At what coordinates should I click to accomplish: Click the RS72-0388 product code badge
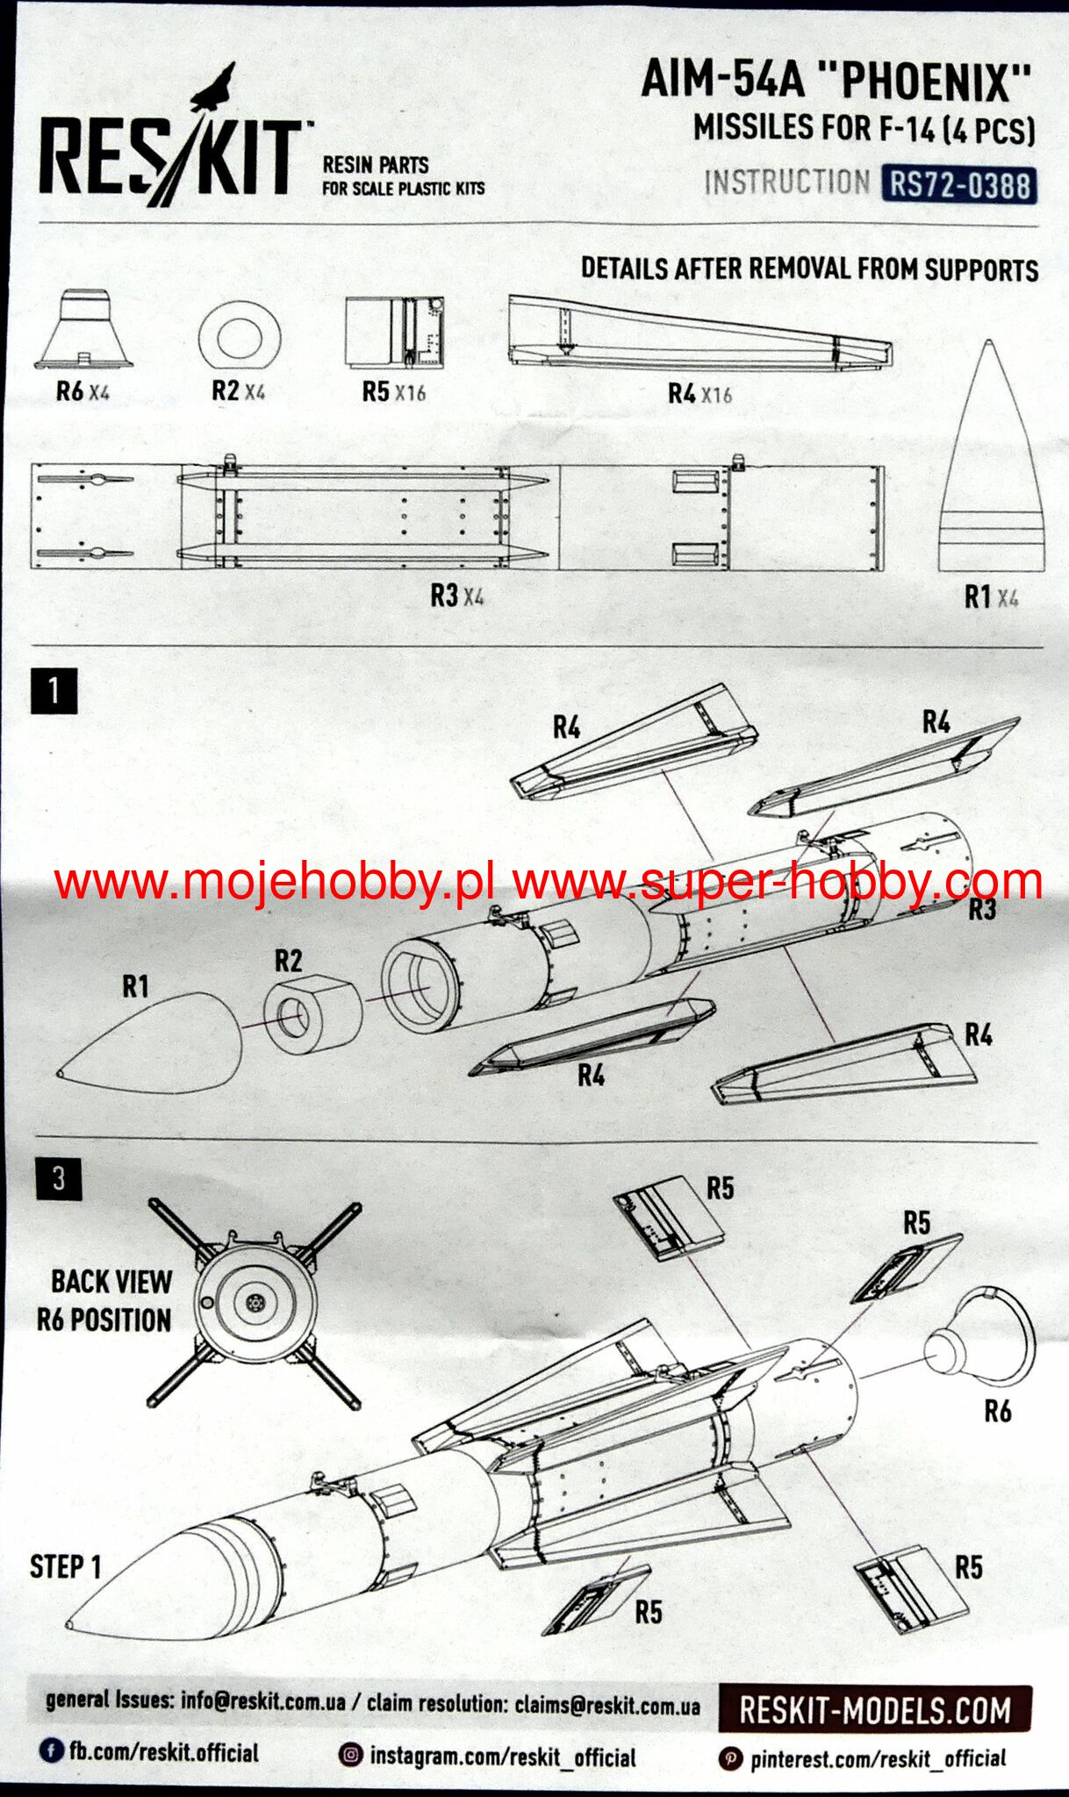[x=960, y=185]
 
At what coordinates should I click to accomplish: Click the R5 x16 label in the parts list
[x=393, y=391]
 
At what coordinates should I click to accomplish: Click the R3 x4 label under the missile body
[x=456, y=596]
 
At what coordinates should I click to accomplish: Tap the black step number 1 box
[x=54, y=691]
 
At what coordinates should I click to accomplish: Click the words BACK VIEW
[x=111, y=1282]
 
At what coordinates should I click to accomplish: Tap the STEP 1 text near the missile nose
[x=66, y=1566]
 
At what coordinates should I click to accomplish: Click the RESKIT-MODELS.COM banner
[x=874, y=1709]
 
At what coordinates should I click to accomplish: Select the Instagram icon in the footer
[x=350, y=1755]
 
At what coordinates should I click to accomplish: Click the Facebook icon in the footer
[x=51, y=1750]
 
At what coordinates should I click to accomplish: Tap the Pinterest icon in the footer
[x=730, y=1758]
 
